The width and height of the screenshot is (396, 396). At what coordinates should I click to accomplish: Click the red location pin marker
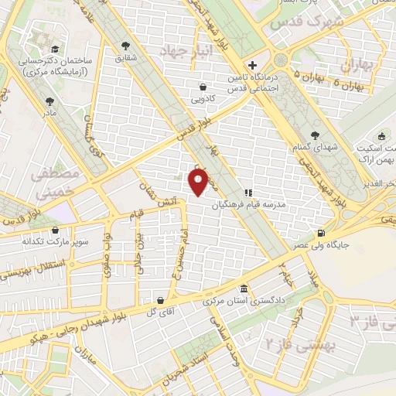click(199, 182)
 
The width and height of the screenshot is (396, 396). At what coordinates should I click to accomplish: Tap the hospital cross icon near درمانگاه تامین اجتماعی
click(253, 64)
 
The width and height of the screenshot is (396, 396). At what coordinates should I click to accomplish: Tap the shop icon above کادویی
click(202, 87)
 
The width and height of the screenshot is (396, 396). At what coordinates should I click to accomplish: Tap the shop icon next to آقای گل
click(159, 300)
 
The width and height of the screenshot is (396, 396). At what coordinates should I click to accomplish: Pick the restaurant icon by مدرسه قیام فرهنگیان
click(248, 193)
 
